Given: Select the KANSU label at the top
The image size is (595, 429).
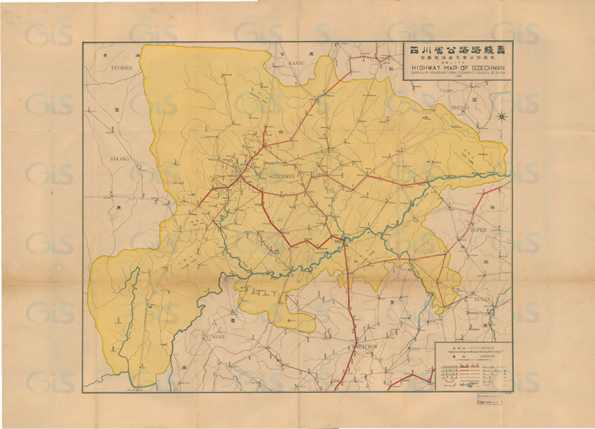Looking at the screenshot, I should [297, 62].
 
